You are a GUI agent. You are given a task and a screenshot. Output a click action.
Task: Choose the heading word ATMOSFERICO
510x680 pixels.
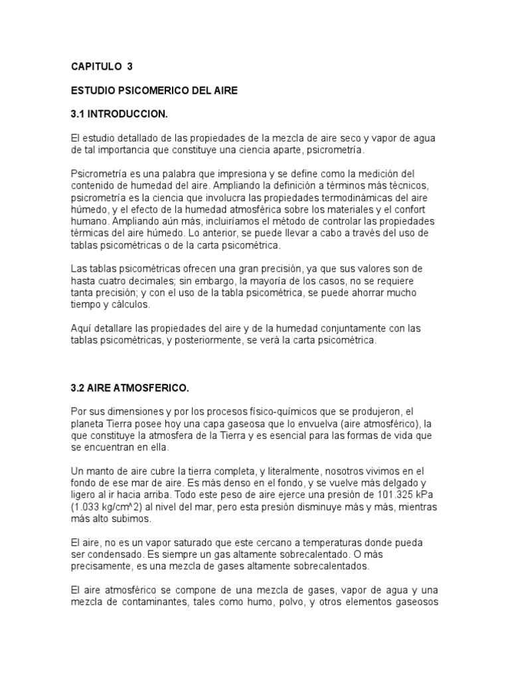tap(149, 387)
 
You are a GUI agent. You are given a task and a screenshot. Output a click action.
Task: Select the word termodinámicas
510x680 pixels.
tap(338, 198)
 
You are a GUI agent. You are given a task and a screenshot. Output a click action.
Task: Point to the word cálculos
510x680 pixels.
tap(129, 305)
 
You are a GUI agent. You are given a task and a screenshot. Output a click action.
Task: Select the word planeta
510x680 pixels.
tap(88, 424)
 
